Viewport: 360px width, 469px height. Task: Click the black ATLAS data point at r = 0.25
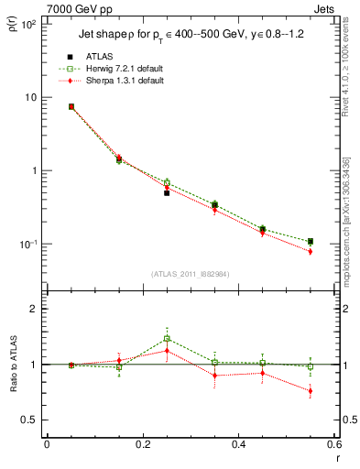(167, 193)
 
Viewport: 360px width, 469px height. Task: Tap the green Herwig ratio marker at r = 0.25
(167, 338)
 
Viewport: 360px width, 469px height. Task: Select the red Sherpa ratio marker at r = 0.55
(311, 391)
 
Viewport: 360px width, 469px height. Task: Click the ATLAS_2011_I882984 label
(190, 274)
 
